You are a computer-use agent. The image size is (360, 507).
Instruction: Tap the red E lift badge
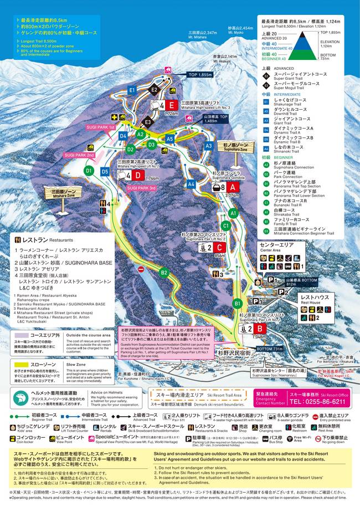[172, 105]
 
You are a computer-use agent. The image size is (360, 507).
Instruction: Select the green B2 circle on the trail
[164, 272]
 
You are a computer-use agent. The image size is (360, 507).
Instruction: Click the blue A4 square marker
[191, 184]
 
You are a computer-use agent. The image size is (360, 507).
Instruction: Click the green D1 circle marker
[89, 170]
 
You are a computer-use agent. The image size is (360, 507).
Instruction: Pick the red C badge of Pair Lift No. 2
[220, 248]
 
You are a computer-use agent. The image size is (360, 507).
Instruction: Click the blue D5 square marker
[105, 172]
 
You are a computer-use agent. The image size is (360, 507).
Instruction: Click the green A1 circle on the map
[233, 213]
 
